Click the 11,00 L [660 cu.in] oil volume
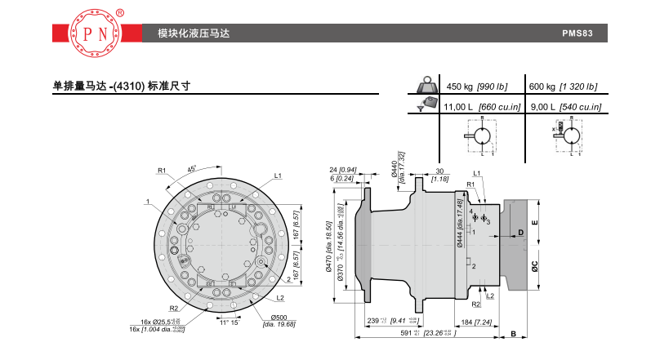(x=476, y=107)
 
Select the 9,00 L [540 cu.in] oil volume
(x=565, y=107)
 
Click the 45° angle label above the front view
(x=192, y=168)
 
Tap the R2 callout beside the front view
(x=174, y=309)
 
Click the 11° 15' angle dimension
(x=229, y=323)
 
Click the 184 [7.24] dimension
(x=484, y=322)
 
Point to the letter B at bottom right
(x=513, y=335)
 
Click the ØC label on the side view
(x=533, y=264)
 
